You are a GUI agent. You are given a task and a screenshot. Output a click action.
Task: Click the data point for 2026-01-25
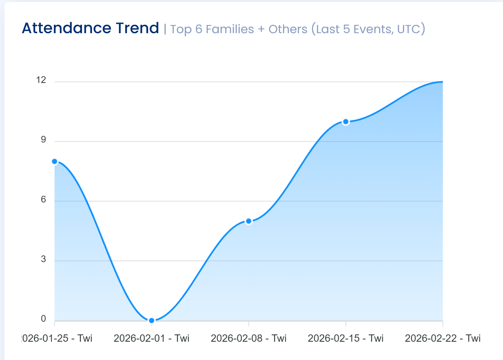tap(55, 161)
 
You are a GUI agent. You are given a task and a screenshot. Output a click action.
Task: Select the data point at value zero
tap(151, 320)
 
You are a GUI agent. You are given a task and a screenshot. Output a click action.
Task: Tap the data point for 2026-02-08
tap(249, 221)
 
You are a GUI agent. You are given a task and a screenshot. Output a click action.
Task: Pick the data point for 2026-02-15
tap(346, 122)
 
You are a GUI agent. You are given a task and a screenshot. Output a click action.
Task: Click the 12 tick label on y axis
tap(41, 80)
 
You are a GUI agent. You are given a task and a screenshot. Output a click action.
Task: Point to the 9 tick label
tap(43, 140)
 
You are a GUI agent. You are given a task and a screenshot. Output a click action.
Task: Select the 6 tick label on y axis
tap(43, 199)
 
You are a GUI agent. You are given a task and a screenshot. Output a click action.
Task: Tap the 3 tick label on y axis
tap(43, 259)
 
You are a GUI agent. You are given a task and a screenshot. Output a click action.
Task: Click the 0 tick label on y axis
tap(43, 319)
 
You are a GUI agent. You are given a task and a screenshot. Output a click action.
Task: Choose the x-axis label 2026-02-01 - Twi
tap(151, 338)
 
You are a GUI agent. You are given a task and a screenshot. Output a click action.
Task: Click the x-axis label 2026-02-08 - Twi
tap(249, 338)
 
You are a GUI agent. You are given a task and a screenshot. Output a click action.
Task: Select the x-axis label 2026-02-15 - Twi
tap(346, 338)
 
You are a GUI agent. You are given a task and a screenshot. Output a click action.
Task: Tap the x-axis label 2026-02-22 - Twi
tap(442, 338)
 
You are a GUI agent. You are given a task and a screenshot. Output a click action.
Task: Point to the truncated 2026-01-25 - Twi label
tap(57, 338)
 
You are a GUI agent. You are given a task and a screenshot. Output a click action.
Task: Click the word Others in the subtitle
tap(288, 29)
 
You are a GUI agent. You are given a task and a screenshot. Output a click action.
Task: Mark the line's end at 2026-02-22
tap(442, 82)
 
